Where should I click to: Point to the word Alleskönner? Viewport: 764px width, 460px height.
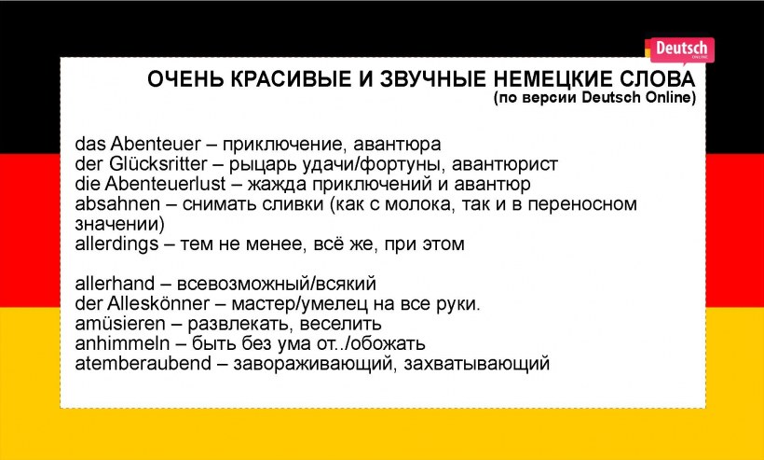tap(153, 303)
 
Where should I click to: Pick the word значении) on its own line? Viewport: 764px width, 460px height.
tap(119, 224)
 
